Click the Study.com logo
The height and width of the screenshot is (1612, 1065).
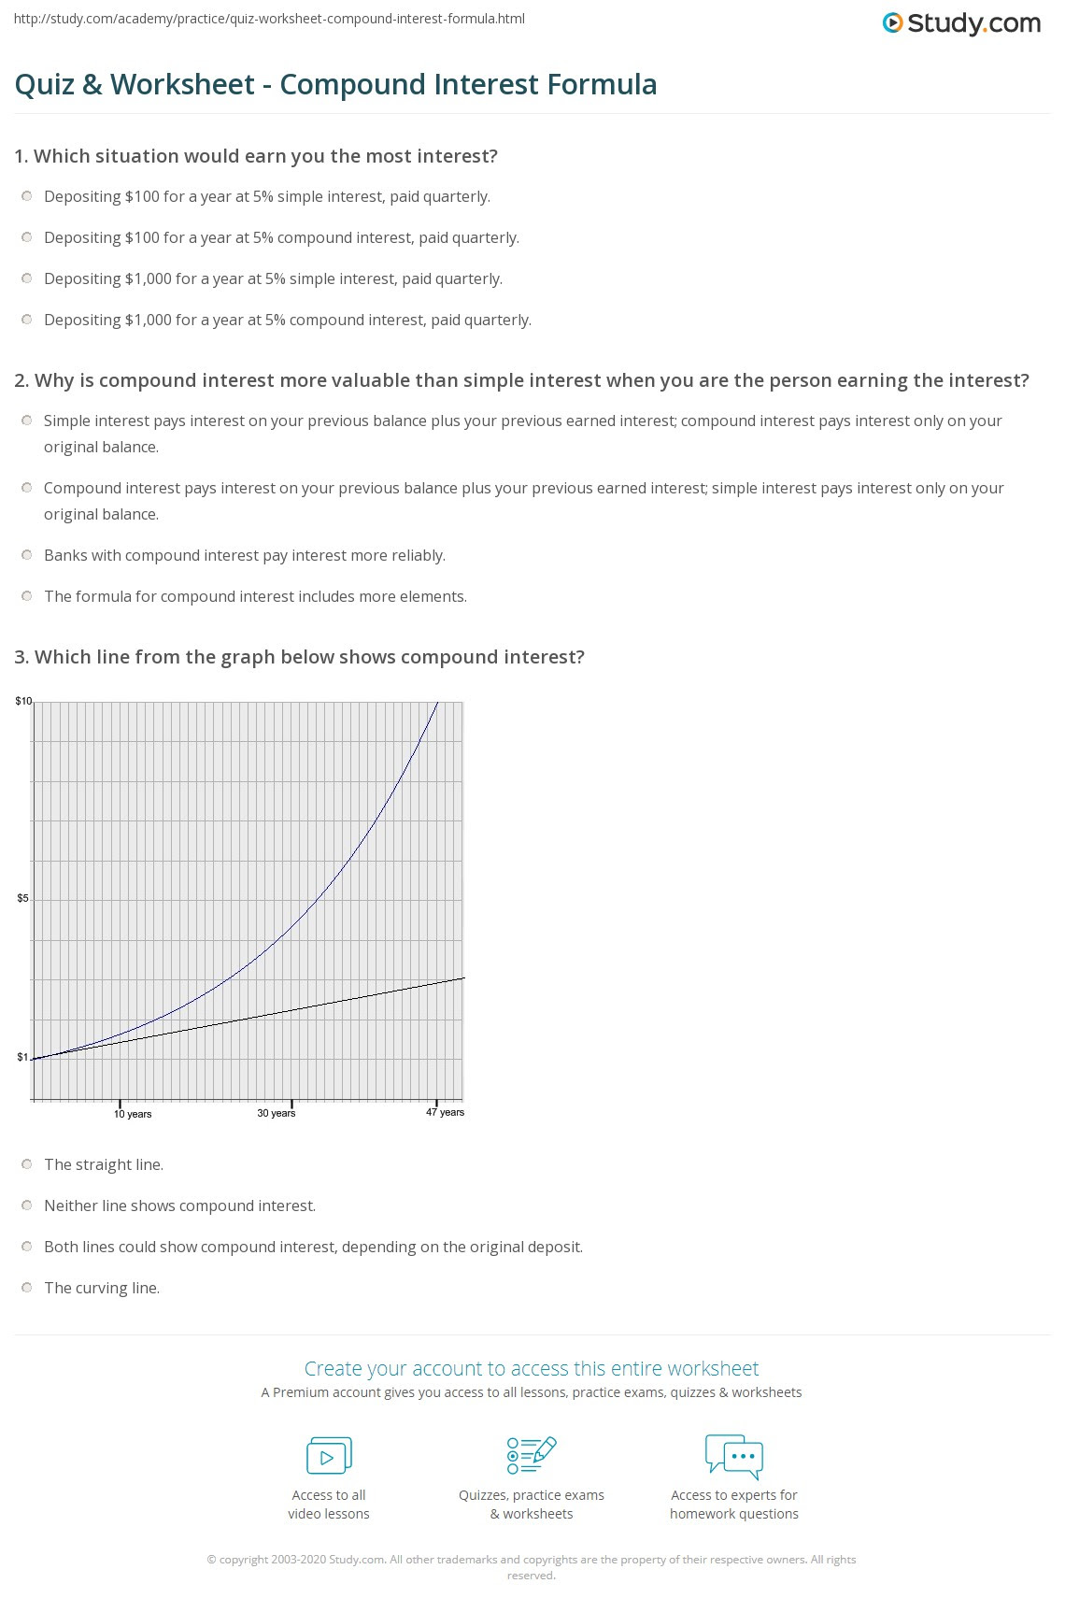pos(961,23)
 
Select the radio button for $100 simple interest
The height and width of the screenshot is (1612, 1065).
pos(27,196)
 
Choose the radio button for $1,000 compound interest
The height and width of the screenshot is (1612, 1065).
pos(27,320)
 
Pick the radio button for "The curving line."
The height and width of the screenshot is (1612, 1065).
pos(27,1288)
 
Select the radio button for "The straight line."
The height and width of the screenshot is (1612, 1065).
pos(27,1164)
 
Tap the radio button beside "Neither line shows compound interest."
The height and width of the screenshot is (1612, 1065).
pos(27,1205)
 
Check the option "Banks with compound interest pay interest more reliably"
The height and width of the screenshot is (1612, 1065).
pos(27,555)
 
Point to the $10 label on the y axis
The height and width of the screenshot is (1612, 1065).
pos(23,701)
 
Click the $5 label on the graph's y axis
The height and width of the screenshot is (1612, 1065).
pos(22,899)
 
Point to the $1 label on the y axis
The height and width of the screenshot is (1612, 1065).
pos(22,1058)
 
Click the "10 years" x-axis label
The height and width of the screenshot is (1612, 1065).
pos(133,1114)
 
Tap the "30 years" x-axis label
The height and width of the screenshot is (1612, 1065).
pos(277,1113)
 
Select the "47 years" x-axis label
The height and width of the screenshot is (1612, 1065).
pos(446,1112)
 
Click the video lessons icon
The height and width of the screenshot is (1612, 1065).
pos(329,1456)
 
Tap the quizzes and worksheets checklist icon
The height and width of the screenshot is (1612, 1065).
pos(532,1455)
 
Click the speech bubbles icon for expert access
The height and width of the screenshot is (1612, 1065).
pos(734,1455)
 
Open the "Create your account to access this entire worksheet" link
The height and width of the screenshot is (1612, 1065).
pos(532,1369)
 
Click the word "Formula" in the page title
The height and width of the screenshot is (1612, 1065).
pos(603,84)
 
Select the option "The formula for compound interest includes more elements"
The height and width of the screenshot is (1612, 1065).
pos(27,596)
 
